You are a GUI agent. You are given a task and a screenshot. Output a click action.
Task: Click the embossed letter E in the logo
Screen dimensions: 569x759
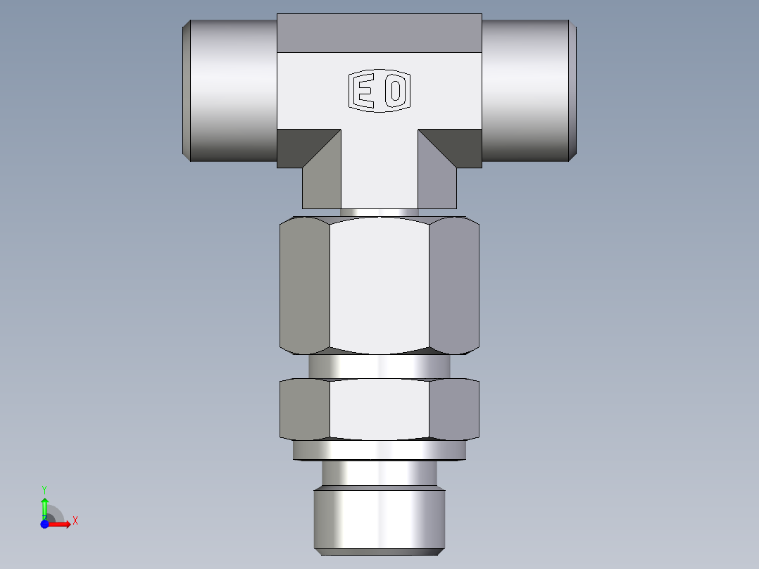364,92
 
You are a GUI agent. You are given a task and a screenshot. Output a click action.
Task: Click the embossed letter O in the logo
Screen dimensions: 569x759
396,92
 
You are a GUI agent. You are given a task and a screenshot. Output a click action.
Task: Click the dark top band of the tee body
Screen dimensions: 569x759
379,33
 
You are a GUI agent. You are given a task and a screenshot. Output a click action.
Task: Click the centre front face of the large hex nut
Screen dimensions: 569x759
379,284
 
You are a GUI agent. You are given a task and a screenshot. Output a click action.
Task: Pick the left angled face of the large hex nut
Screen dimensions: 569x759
305,284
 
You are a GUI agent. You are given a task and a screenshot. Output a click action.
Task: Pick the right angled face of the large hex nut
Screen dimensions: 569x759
454,284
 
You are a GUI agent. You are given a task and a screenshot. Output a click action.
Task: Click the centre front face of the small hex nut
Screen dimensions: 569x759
379,409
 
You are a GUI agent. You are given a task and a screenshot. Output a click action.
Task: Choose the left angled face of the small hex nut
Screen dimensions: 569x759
305,409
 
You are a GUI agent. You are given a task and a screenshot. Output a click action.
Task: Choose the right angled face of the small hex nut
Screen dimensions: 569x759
454,409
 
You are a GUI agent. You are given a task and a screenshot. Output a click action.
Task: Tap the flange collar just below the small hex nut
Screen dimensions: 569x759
379,450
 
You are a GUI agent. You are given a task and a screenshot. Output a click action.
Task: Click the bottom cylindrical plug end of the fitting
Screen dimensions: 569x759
379,518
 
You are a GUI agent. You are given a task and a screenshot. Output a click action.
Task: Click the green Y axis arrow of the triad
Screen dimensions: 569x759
44,505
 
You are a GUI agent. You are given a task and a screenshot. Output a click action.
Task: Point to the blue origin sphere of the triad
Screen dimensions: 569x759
44,524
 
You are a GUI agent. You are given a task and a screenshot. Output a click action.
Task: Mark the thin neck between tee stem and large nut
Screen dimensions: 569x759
379,212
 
